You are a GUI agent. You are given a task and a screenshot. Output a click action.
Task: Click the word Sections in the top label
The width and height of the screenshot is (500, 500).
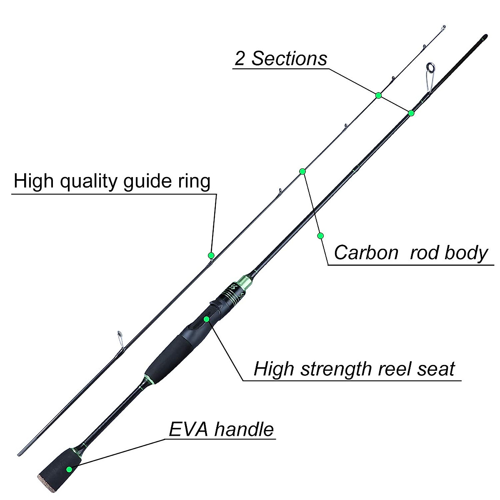[x=289, y=59]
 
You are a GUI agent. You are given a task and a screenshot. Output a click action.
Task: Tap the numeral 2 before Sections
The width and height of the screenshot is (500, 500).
[x=240, y=59]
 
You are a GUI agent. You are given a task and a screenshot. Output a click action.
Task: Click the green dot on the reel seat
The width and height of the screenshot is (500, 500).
[x=207, y=319]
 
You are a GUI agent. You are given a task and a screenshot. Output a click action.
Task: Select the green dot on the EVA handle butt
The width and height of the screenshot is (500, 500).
[x=69, y=469]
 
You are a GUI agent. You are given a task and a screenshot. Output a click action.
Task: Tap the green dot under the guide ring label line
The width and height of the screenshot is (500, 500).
[x=211, y=255]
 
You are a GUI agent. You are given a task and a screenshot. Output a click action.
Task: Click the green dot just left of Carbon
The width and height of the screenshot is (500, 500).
[x=320, y=236]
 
